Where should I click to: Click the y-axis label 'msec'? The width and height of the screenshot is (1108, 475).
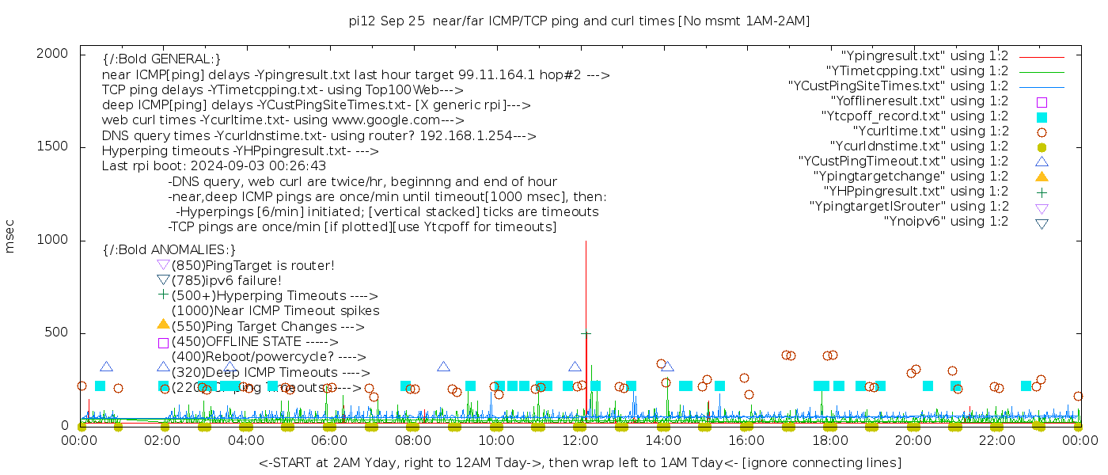(x=10, y=236)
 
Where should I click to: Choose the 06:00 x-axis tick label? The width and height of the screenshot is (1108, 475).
(x=330, y=439)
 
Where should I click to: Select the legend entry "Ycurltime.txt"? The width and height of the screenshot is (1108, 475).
(x=931, y=131)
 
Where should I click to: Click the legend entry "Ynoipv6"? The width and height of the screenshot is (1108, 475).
(x=946, y=222)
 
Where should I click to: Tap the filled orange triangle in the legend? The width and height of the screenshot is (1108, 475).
(x=1042, y=177)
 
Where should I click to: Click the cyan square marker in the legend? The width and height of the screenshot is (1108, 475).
(x=1042, y=116)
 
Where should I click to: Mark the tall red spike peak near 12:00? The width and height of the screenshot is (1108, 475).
(x=586, y=242)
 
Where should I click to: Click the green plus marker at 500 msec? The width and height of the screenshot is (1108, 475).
(x=586, y=334)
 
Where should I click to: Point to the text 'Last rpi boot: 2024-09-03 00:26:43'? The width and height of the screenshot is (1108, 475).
(x=214, y=166)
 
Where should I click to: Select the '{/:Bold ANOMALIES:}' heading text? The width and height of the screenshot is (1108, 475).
(x=169, y=249)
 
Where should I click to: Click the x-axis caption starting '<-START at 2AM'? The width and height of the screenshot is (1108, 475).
(x=579, y=462)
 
